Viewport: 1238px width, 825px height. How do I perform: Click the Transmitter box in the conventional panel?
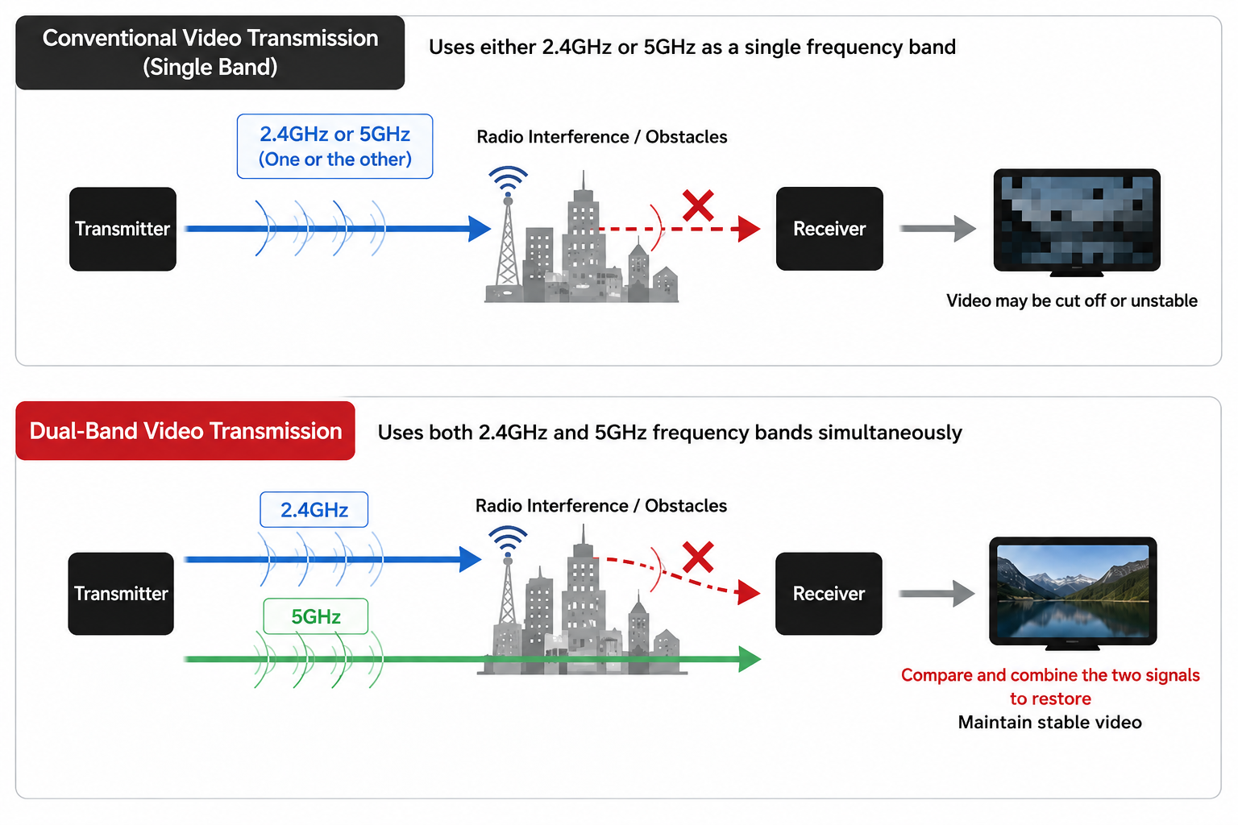(x=123, y=229)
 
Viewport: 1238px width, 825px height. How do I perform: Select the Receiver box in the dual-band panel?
(x=829, y=594)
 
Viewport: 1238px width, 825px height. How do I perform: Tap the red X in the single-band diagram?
(x=698, y=205)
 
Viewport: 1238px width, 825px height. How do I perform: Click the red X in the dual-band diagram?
(x=698, y=557)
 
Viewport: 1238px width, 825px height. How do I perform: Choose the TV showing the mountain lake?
(x=1073, y=593)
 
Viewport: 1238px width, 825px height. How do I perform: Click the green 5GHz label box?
(x=316, y=616)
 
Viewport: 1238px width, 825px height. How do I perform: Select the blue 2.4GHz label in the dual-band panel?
(x=314, y=509)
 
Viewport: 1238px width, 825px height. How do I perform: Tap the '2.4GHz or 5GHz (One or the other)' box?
(x=335, y=147)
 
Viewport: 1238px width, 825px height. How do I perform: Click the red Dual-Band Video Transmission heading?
(x=185, y=431)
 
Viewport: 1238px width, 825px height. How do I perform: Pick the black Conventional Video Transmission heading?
(x=210, y=52)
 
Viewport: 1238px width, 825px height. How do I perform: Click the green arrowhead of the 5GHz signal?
(x=750, y=659)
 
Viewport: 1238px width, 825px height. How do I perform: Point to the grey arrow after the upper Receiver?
(x=938, y=229)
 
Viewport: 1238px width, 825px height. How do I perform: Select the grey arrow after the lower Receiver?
(x=937, y=594)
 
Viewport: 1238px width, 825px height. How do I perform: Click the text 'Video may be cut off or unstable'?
(x=1072, y=301)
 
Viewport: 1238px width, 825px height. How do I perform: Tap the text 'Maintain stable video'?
(x=1049, y=722)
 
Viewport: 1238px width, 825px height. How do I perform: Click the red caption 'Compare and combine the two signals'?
(x=1050, y=675)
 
